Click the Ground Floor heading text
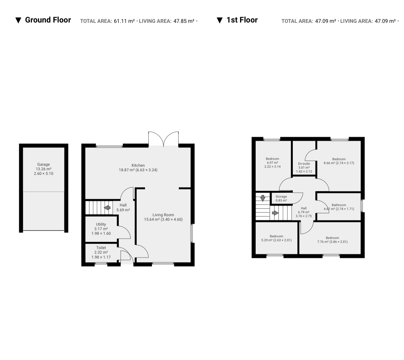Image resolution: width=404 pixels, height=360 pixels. coord(48,20)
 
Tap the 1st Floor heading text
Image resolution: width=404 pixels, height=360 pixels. coord(242,20)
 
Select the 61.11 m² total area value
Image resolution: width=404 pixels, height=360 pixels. coord(124,21)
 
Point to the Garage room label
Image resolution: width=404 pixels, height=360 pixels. coord(44,164)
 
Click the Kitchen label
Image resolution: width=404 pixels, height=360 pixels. coord(138,165)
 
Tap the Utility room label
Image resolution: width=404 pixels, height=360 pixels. coord(101,224)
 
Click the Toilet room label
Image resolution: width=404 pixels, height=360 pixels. coord(101,247)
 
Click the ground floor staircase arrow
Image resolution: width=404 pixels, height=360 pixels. coord(107,208)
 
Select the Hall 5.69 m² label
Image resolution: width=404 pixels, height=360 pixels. coord(123,207)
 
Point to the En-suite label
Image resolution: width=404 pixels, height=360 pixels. coord(304,164)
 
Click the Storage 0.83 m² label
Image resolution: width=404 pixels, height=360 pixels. coord(281,198)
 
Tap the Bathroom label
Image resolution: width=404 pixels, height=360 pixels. coord(339,205)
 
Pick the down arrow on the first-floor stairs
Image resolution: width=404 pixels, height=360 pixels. coord(263,198)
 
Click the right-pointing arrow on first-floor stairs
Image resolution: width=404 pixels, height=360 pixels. coord(275,213)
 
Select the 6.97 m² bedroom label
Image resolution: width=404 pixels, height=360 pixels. coord(272,162)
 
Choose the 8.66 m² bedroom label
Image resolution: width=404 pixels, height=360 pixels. coord(339,161)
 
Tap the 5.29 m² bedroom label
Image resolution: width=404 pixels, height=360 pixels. coord(276,238)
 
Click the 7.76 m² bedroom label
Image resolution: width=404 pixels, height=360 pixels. coord(332,240)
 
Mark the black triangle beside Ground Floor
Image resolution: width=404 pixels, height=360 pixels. coord(18,21)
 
